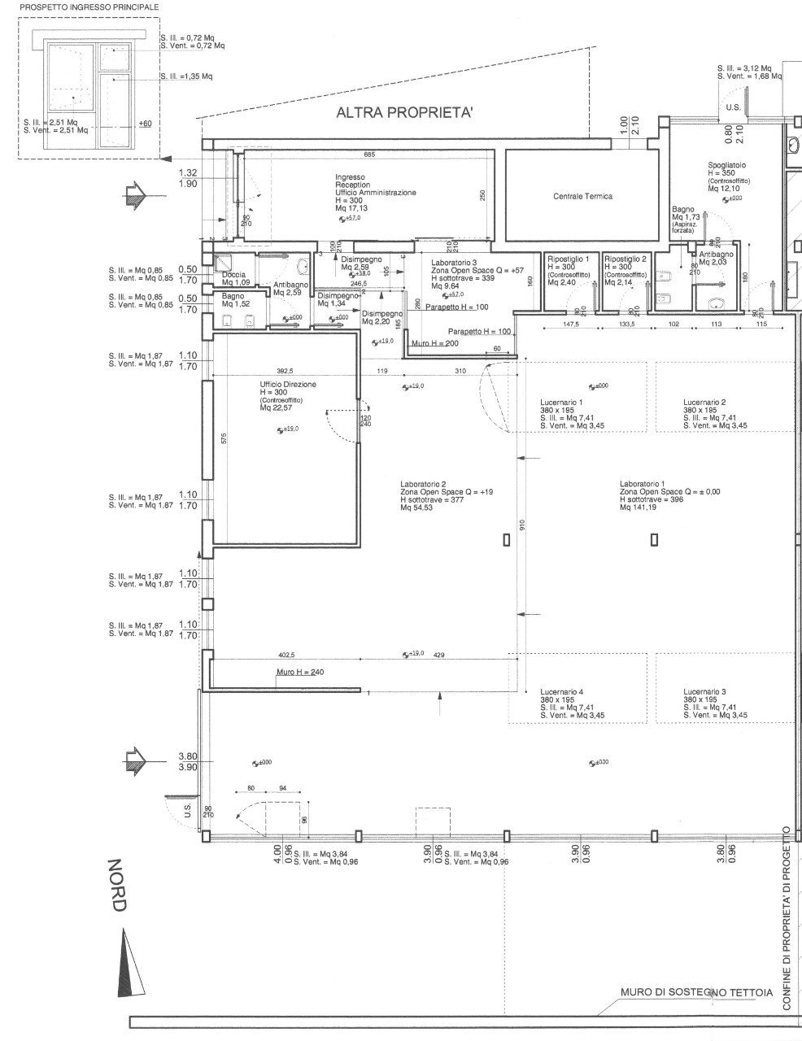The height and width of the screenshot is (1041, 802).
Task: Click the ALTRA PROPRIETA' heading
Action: pyautogui.click(x=403, y=115)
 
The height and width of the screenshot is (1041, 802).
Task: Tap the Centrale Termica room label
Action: pyautogui.click(x=582, y=197)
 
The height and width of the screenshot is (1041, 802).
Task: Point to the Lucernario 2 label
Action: pyautogui.click(x=704, y=403)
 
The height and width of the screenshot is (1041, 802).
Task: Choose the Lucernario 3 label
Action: pyautogui.click(x=704, y=691)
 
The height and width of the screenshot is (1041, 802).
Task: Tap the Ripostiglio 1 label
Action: pyautogui.click(x=569, y=259)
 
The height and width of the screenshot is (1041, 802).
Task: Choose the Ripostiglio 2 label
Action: pyautogui.click(x=625, y=259)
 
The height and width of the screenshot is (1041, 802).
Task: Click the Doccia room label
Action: pyautogui.click(x=233, y=275)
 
